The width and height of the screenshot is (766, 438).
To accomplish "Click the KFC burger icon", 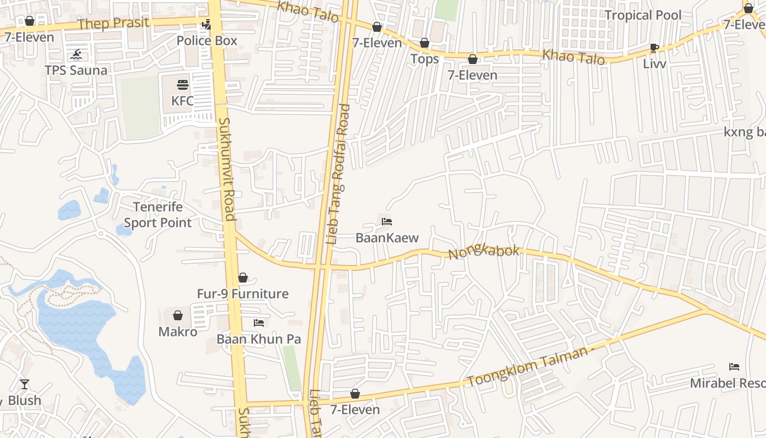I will tap(182, 85).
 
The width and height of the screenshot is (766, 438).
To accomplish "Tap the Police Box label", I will tap(207, 41).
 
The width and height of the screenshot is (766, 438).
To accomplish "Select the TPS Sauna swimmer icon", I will tap(76, 54).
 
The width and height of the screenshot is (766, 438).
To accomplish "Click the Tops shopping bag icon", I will tap(425, 43).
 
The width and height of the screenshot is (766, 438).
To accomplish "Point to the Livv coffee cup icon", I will tap(654, 48).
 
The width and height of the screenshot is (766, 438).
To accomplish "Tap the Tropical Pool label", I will tap(643, 15).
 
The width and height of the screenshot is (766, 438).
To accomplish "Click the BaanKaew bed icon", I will tap(387, 222).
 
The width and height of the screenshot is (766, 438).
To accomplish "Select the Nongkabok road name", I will tap(484, 252).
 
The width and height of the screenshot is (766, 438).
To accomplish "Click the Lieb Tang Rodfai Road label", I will tap(337, 174).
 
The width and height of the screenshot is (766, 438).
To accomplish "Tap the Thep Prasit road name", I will tap(113, 23).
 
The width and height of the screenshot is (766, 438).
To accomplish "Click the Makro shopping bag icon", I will tap(178, 315).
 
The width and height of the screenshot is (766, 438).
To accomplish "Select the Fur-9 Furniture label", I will tap(242, 294).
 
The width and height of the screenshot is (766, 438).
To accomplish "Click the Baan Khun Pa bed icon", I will tap(259, 323).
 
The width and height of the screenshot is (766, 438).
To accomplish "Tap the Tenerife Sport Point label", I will tap(158, 215).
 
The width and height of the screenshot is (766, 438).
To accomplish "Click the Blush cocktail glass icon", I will tap(25, 384).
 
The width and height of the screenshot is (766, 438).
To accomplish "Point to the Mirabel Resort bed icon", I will tap(734, 367).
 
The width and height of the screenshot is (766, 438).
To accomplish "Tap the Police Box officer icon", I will tap(206, 25).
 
